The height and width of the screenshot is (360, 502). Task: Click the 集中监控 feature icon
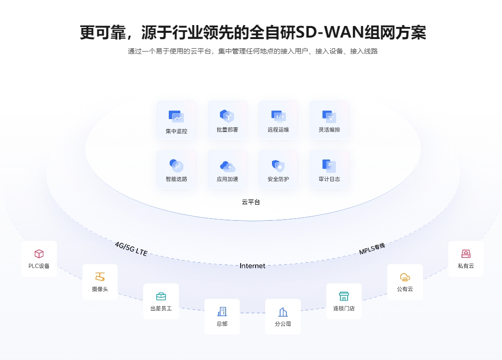176,117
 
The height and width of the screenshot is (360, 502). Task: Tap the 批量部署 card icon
227,116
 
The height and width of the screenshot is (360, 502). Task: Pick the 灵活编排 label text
329,130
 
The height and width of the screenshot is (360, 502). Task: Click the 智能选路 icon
176,166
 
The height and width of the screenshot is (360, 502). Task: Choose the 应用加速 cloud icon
228,166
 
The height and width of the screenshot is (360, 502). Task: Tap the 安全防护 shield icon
278,166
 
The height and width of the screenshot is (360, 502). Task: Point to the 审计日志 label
329,179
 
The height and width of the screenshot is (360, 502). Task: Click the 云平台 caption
251,202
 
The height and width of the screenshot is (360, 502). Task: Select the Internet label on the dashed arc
252,266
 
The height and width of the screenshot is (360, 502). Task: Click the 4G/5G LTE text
131,249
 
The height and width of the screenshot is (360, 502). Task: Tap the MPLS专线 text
372,249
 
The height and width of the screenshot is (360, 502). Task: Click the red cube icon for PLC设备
39,254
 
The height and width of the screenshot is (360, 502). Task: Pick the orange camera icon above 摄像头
100,277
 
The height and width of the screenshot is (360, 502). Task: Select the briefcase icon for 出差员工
161,296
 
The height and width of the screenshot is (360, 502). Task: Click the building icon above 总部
222,311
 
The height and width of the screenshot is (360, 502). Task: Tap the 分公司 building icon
283,312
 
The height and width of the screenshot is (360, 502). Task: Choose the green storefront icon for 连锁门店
344,296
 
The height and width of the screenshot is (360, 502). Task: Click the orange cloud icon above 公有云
405,277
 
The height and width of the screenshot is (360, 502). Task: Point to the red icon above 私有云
466,254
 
